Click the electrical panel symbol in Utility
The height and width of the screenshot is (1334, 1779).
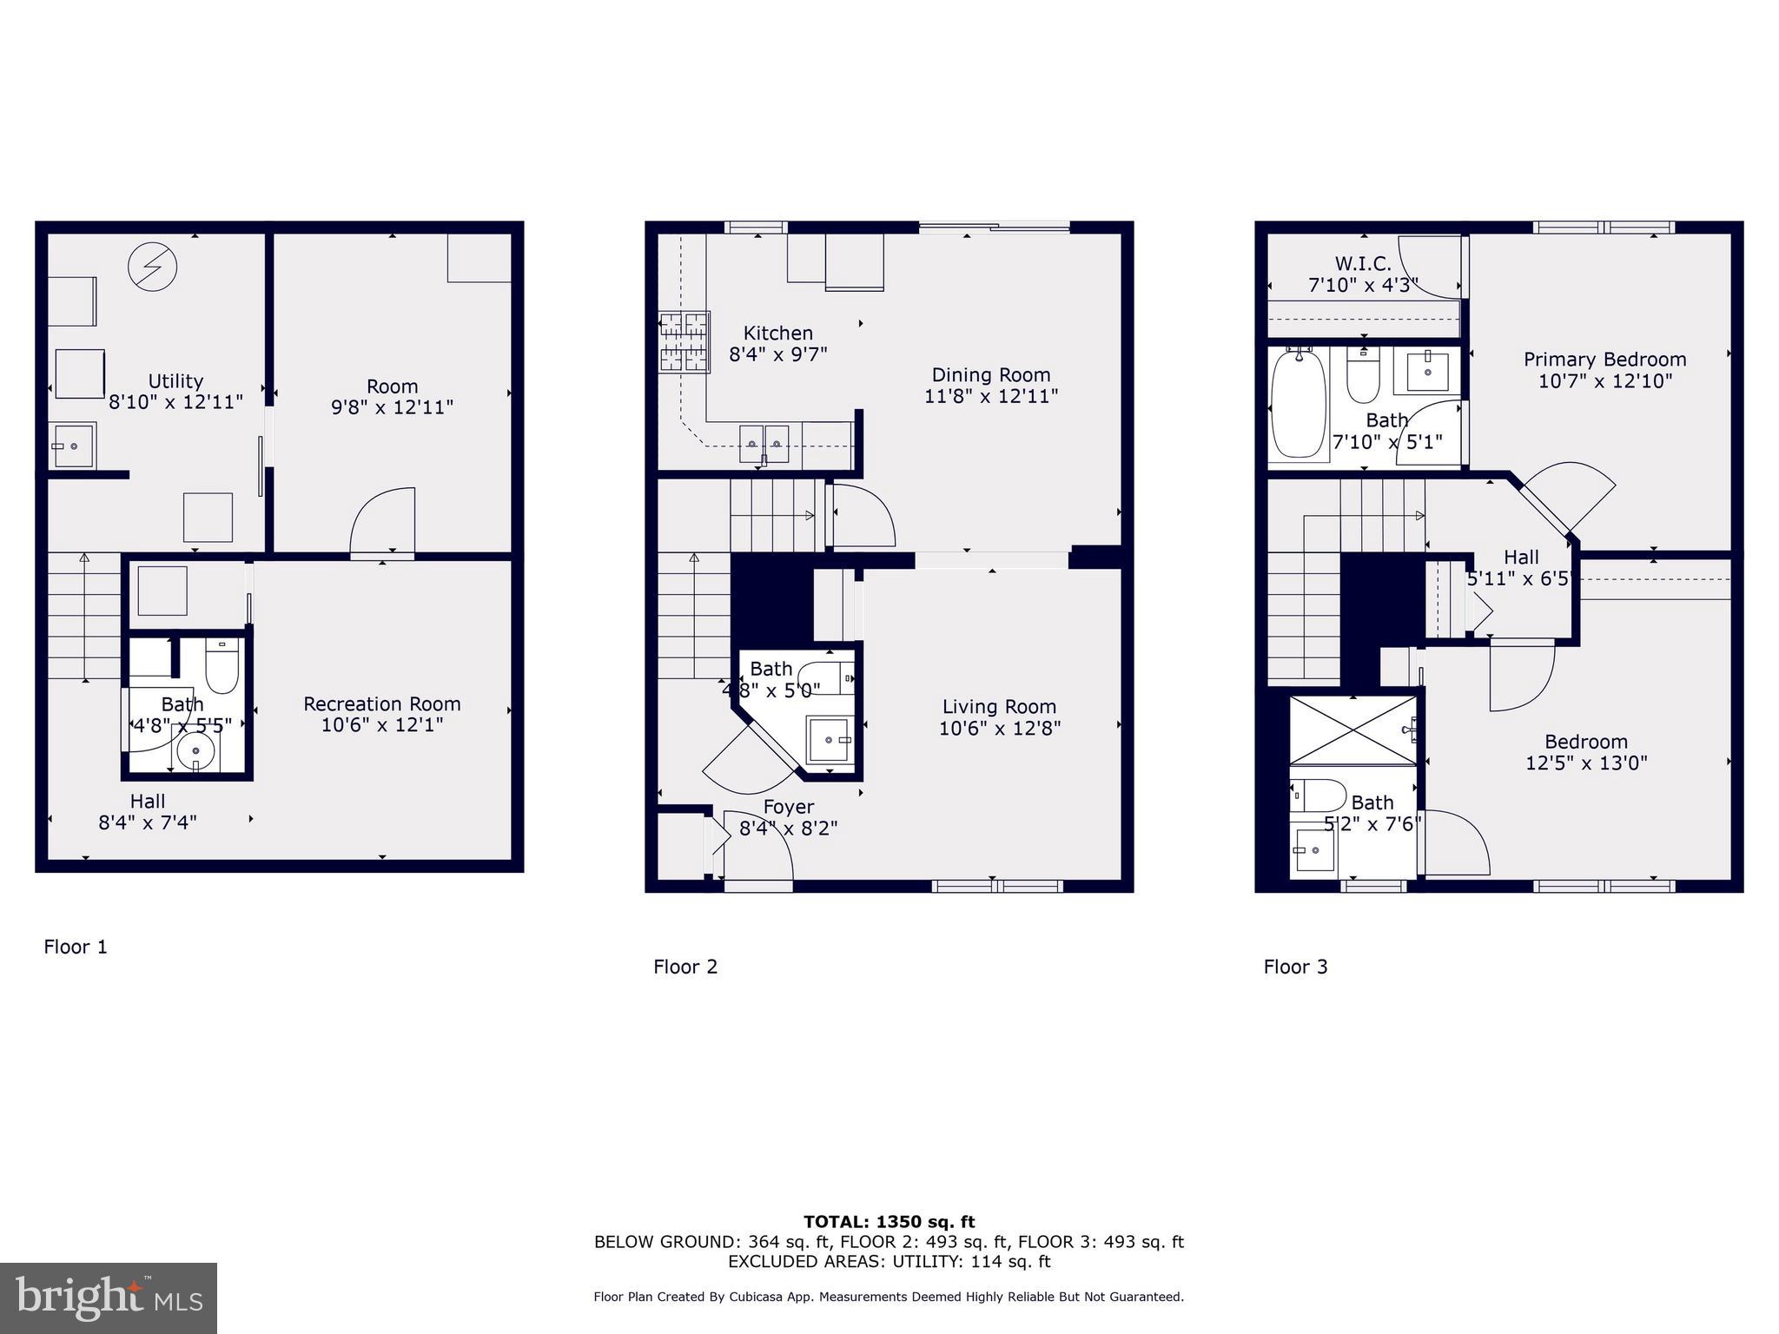point(153,267)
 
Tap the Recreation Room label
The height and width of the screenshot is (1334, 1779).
point(381,703)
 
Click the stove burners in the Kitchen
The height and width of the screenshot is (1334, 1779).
point(684,342)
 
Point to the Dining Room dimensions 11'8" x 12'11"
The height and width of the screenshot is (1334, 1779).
point(990,396)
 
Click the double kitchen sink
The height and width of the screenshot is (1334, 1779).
point(764,443)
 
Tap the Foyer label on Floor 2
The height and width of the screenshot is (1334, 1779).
point(788,807)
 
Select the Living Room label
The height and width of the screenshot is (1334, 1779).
point(999,707)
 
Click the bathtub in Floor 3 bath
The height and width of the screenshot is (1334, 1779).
point(1299,404)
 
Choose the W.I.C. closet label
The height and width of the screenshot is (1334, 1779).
point(1362,263)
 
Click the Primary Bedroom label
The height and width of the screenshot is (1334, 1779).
point(1604,360)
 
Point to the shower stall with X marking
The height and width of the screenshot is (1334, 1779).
point(1352,730)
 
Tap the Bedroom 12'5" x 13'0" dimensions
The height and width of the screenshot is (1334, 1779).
point(1586,763)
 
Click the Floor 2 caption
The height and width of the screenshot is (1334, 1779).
point(685,967)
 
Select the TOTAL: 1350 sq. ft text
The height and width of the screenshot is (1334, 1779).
point(889,1222)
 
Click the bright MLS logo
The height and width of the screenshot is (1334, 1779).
point(109,1298)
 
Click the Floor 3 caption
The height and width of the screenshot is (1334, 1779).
point(1295,967)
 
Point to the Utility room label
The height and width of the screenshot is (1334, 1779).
point(175,381)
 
